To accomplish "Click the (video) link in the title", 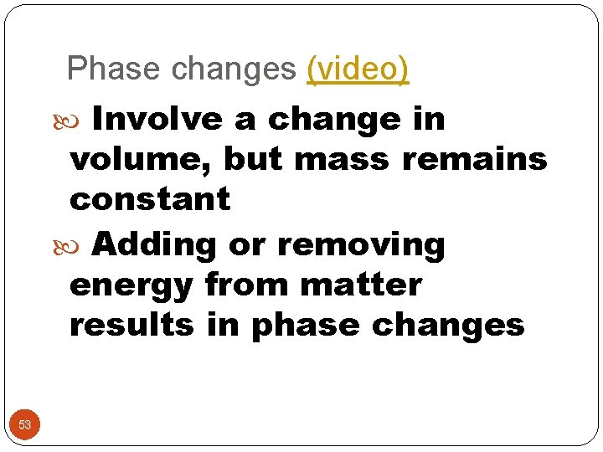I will click(x=358, y=69).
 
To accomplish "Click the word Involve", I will click(x=157, y=120).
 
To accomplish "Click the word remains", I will click(x=475, y=159).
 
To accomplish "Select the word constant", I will click(x=150, y=199).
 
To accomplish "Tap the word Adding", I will click(x=154, y=245).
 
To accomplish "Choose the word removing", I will click(x=361, y=245).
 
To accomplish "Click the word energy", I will click(x=131, y=285).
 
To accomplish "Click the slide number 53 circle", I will click(x=25, y=424).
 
